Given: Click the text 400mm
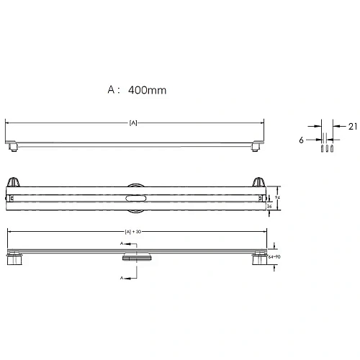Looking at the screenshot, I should (x=147, y=91).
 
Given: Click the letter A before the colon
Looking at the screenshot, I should (x=112, y=91).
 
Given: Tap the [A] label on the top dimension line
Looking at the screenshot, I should (x=133, y=123).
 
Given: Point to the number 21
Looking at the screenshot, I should (x=352, y=127).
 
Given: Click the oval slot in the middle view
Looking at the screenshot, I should (x=136, y=196).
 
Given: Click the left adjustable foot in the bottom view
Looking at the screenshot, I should (x=14, y=260).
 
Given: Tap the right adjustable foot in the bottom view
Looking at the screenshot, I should (x=258, y=260).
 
